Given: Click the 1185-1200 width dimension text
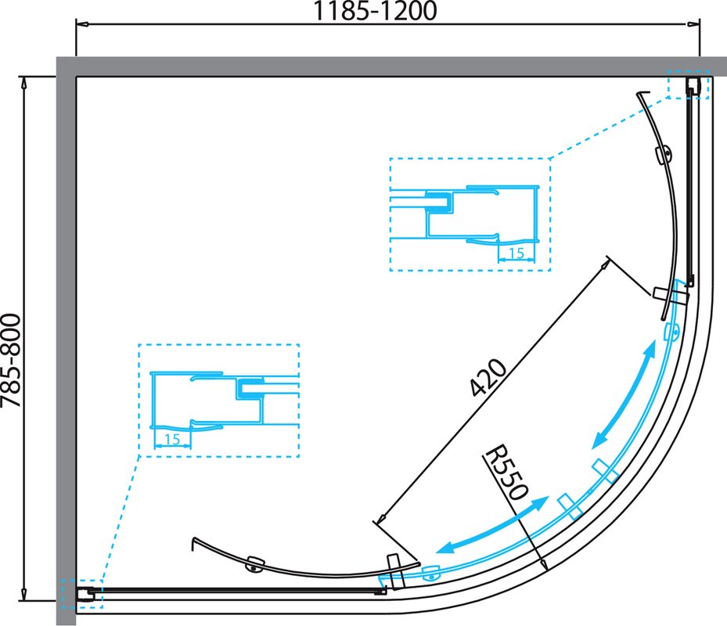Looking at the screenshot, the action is coord(376,11).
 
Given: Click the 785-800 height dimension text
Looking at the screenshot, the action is coord(11,361).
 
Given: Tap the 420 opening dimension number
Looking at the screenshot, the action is coord(488,377).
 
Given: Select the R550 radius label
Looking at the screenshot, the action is coord(506,473).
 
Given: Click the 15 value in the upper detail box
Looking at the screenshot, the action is coord(516,254).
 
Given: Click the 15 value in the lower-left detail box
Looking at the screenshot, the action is coord(171,439).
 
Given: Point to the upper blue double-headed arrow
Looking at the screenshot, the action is coord(624,394).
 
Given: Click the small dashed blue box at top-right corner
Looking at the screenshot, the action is coord(689,85).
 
